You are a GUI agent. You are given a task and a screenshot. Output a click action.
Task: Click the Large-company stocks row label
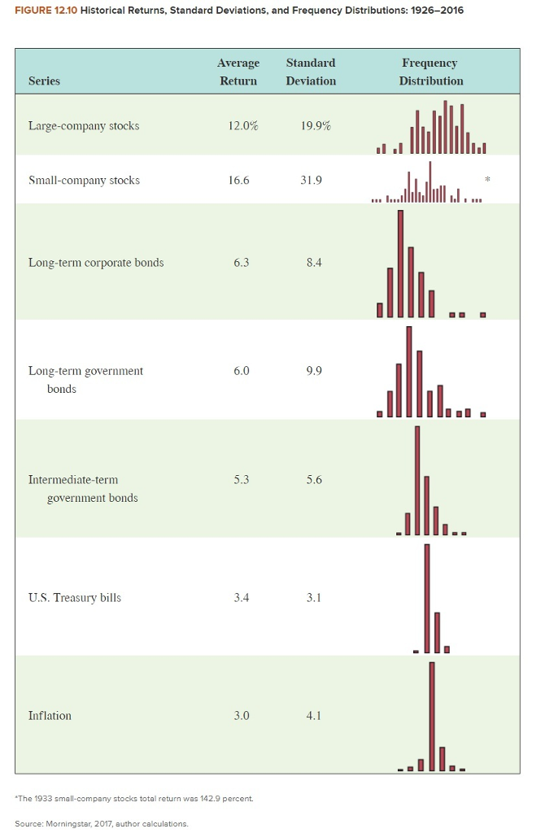click(x=84, y=126)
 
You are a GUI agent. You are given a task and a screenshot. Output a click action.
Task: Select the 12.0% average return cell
click(x=242, y=126)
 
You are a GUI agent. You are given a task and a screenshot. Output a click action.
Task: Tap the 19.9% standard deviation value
click(x=315, y=126)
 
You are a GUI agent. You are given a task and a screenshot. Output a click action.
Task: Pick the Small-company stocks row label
click(x=84, y=181)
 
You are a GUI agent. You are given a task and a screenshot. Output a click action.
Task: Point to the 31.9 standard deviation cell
click(x=312, y=181)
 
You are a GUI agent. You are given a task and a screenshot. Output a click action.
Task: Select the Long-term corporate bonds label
click(x=96, y=263)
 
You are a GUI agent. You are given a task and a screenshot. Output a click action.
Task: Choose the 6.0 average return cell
click(x=241, y=371)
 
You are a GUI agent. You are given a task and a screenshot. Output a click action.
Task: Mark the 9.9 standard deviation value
click(x=314, y=371)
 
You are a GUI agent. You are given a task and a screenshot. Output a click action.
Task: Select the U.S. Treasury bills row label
click(x=75, y=598)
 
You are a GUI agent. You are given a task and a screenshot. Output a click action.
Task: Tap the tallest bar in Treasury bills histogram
click(x=426, y=598)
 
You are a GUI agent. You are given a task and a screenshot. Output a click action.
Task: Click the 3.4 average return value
click(x=241, y=598)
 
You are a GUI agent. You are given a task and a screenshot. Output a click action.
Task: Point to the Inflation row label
click(x=50, y=716)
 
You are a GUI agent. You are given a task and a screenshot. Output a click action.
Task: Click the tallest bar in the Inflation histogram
click(x=432, y=716)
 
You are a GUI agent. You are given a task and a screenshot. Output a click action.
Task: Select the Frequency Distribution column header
click(x=431, y=72)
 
